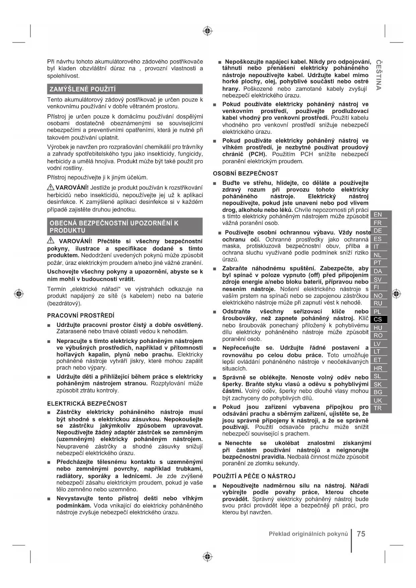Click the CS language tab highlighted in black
point(378,319)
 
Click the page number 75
point(361,534)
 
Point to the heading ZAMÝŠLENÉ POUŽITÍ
point(82,89)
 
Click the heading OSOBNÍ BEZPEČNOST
point(245,173)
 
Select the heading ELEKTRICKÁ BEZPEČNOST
point(87,404)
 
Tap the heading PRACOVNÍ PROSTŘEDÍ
point(81,315)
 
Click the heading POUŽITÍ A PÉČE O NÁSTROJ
point(254,476)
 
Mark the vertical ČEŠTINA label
point(378,75)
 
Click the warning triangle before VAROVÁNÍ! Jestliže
point(51,187)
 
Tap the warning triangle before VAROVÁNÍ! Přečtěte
point(51,240)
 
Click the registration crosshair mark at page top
point(208,31)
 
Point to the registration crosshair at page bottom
point(208,556)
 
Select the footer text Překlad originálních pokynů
point(308,534)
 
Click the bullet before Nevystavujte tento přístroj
point(49,499)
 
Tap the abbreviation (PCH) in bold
point(258,154)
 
